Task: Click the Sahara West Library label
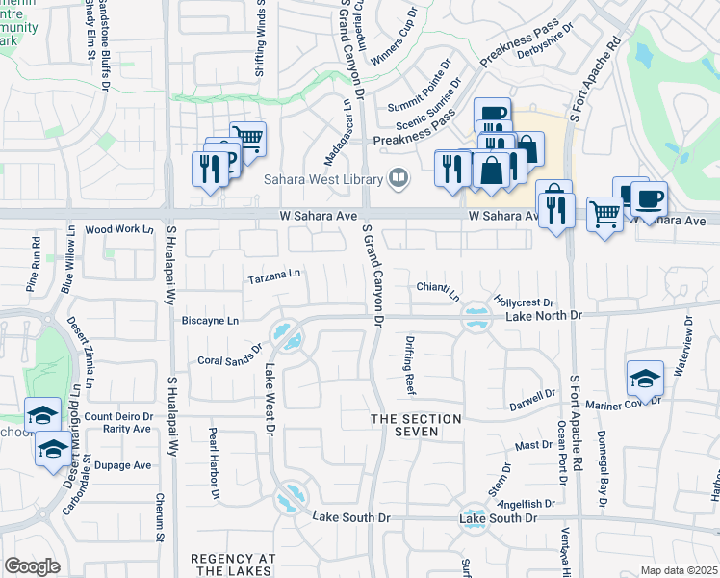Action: (322, 178)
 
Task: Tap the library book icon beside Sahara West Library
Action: (397, 178)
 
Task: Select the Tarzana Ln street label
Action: (274, 276)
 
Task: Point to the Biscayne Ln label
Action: (211, 321)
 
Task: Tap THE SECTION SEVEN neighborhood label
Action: (417, 425)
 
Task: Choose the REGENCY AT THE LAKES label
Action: (234, 565)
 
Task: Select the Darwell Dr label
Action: (533, 396)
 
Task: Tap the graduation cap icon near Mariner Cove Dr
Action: (645, 377)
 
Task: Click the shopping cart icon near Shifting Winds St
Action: (248, 139)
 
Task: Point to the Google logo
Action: (32, 565)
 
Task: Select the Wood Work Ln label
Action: (119, 229)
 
